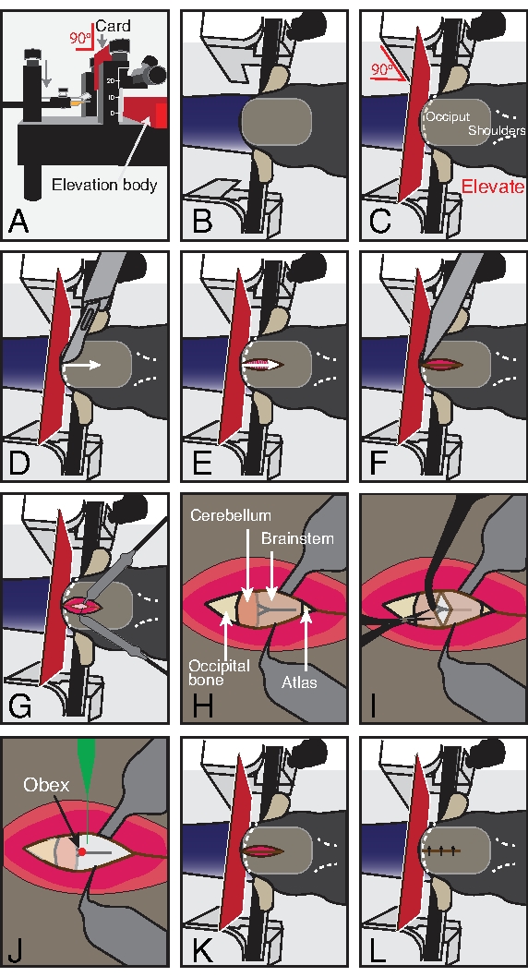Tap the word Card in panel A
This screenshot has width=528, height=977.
click(113, 26)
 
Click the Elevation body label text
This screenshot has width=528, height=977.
click(104, 185)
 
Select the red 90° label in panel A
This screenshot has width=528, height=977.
click(79, 38)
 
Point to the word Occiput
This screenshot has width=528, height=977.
click(448, 116)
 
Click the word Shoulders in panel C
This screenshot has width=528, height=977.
click(497, 130)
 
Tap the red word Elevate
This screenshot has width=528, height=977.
click(493, 187)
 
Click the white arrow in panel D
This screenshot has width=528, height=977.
click(84, 365)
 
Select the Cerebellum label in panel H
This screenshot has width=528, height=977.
click(231, 515)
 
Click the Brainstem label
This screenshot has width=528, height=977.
click(297, 538)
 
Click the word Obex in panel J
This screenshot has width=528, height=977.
click(47, 785)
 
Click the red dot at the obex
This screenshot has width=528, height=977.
click(81, 851)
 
